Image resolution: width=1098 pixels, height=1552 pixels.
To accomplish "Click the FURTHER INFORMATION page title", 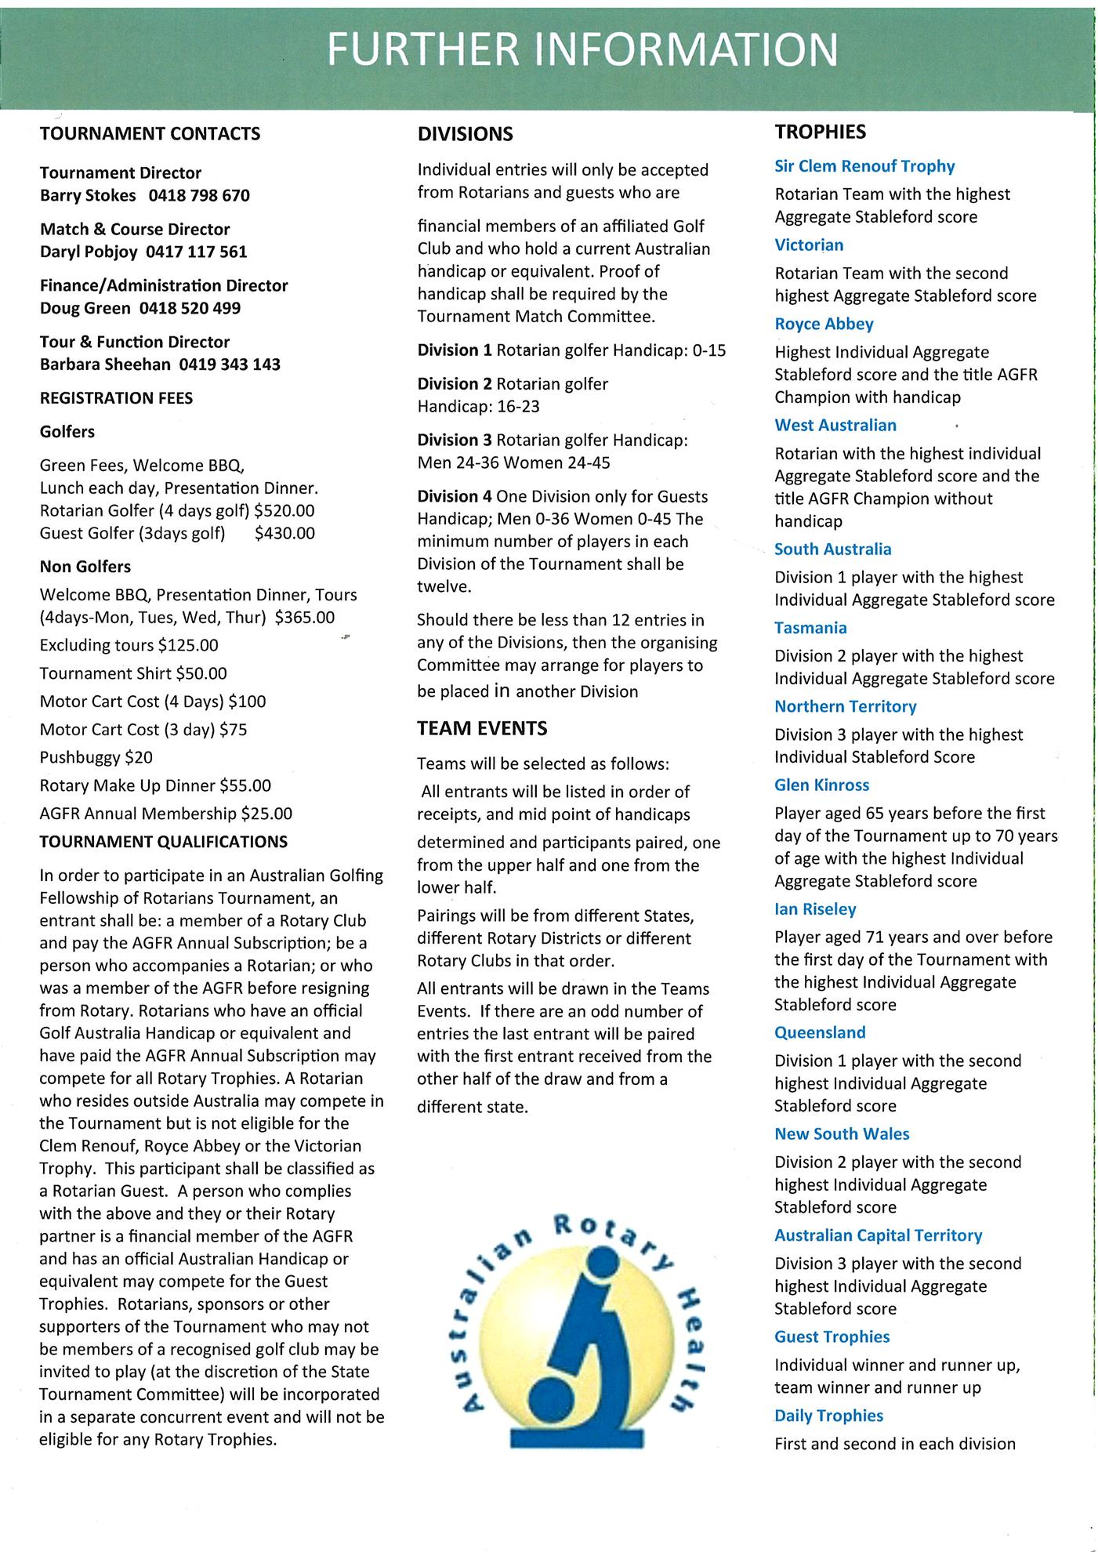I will (x=582, y=49).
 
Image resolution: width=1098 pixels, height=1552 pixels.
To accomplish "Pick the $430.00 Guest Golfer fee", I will (x=285, y=534).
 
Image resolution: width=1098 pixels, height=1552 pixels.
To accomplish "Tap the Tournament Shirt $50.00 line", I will (x=133, y=673).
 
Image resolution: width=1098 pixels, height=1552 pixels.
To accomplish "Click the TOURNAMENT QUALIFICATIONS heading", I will (x=164, y=842).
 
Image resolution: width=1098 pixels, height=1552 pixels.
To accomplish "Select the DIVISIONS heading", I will (x=466, y=134).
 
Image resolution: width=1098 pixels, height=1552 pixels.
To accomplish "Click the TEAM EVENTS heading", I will (x=482, y=728).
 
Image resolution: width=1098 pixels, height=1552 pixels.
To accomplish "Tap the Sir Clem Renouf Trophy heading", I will (x=864, y=166).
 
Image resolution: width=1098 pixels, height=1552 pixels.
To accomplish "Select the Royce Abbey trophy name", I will (x=824, y=324).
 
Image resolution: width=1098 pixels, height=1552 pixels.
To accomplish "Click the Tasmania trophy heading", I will (x=810, y=628).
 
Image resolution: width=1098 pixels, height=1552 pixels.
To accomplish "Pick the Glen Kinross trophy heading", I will (x=821, y=785).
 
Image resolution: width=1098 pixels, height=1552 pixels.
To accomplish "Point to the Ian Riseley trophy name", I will (x=815, y=909).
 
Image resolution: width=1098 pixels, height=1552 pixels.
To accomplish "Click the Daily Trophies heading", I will (x=828, y=1416).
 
